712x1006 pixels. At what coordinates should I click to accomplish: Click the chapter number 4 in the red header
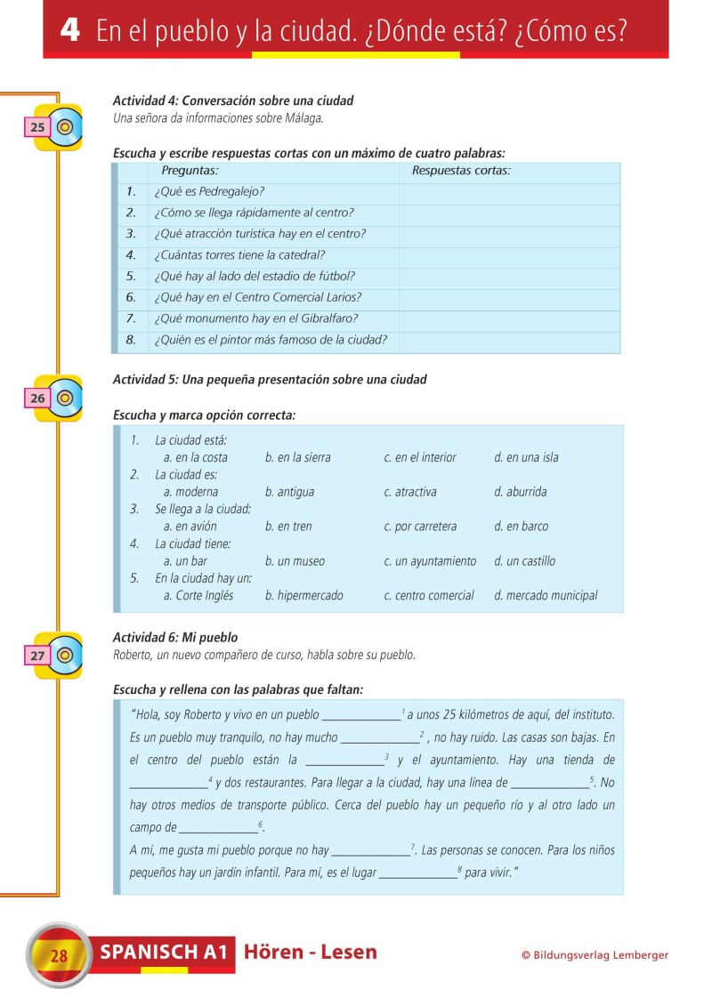(70, 31)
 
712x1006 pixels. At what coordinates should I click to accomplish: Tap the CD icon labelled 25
(64, 127)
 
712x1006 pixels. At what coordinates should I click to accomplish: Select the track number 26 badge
(37, 398)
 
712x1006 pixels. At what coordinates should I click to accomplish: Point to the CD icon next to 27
(64, 656)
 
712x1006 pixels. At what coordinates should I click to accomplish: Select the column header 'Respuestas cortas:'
(461, 171)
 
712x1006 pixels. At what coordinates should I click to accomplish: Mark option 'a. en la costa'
(195, 457)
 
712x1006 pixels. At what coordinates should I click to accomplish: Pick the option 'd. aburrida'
(520, 492)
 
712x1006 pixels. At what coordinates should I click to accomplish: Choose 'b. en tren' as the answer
(288, 527)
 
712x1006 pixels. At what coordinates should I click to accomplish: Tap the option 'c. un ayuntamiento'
(430, 561)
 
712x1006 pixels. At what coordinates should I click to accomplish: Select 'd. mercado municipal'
(546, 596)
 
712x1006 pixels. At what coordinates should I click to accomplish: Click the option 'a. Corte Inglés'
(198, 596)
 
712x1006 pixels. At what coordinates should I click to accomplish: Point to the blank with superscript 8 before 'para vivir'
(417, 873)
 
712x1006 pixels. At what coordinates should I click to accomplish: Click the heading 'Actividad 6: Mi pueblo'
(175, 638)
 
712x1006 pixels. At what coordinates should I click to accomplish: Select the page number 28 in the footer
(60, 957)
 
